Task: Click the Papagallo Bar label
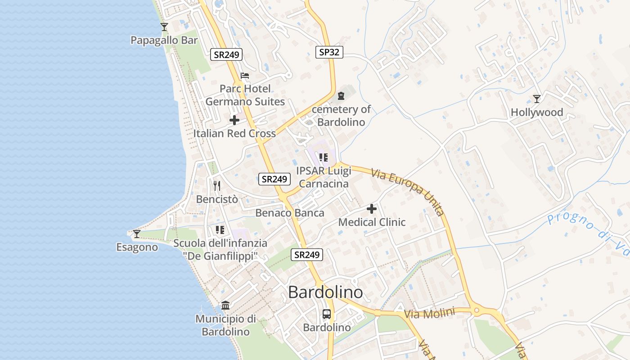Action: [164, 40]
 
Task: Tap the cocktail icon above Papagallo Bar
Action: [164, 27]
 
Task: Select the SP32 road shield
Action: [329, 52]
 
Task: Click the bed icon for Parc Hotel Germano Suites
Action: [245, 76]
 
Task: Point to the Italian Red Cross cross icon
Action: [234, 120]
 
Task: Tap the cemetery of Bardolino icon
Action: [341, 96]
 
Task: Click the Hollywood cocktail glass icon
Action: [536, 99]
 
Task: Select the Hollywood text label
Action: [536, 112]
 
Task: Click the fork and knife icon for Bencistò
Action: [217, 185]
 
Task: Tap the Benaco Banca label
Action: [290, 213]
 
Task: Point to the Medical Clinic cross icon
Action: [372, 209]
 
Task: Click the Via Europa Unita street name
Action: [408, 193]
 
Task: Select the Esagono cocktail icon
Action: [137, 234]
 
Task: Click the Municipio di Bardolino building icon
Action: [225, 306]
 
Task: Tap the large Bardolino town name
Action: [325, 292]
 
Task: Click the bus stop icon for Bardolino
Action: [327, 314]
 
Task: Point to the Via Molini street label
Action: [429, 313]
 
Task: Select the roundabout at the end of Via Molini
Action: [477, 310]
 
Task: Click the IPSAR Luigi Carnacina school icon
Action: [323, 157]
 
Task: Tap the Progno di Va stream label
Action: [587, 231]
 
